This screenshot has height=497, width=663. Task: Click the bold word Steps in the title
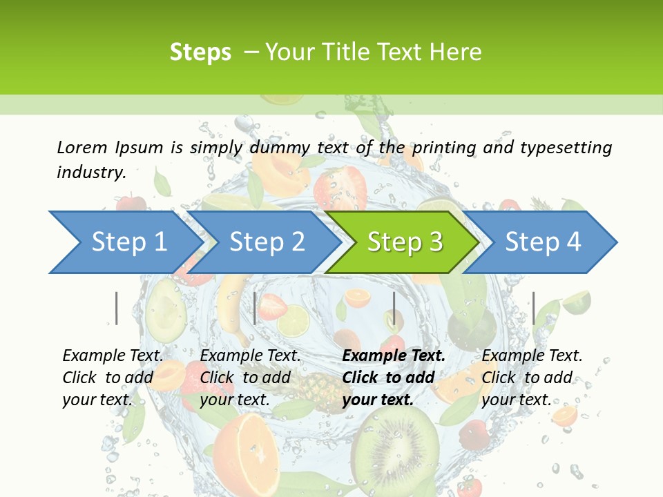coord(200,52)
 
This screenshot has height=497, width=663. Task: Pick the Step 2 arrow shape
coord(267,242)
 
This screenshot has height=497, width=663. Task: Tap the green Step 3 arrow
coord(405,242)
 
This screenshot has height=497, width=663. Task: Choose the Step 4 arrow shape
coord(543,242)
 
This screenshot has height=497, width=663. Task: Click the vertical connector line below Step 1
coord(117,308)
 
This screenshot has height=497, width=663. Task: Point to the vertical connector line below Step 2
coord(255,308)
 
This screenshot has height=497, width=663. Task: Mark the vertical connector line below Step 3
coord(394,308)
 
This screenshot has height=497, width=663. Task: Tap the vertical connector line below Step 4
coord(533,308)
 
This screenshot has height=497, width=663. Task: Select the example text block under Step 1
coord(112,378)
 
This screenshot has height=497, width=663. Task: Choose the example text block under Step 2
coord(249,378)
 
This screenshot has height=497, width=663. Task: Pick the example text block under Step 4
coord(531,378)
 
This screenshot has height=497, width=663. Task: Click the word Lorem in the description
coord(82,147)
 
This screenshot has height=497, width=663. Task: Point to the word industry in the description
coord(91,172)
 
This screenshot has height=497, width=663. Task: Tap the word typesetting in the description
coord(566,147)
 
